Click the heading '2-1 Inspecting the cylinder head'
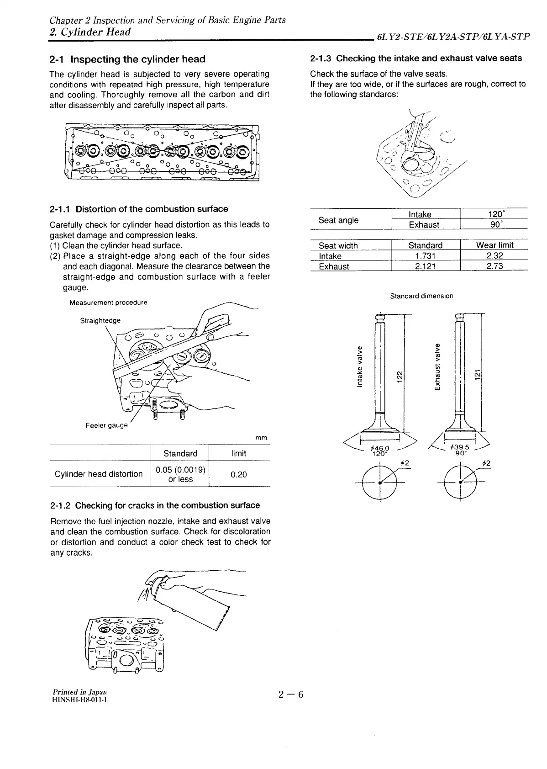[127, 59]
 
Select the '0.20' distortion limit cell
[238, 475]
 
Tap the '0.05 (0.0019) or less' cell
[180, 474]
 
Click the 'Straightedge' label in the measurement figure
[100, 320]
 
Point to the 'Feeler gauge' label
[107, 425]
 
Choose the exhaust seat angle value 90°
[494, 225]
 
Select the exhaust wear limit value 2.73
[494, 266]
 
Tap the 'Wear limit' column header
[494, 245]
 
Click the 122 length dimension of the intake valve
[399, 376]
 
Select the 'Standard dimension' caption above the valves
[421, 296]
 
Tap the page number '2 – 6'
[291, 695]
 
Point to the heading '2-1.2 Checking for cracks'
[155, 506]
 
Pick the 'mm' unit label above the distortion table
[261, 438]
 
